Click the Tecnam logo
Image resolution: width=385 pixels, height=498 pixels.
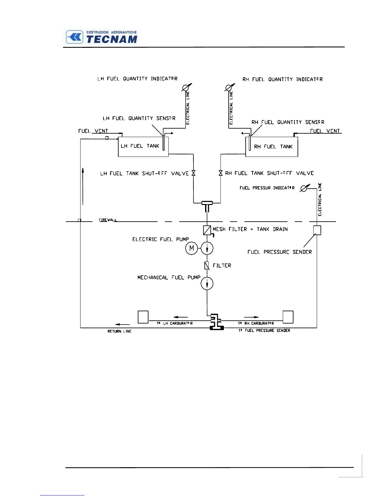[102, 37]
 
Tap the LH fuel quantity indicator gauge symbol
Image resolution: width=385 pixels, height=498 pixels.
[185, 88]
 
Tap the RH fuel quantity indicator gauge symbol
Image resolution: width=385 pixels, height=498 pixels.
[229, 88]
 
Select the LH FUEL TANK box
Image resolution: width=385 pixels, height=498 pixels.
[143, 147]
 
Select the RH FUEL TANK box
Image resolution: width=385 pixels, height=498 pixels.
[272, 147]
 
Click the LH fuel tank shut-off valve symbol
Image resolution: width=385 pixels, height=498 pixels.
[193, 173]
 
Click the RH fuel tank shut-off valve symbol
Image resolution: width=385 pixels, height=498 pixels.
[220, 173]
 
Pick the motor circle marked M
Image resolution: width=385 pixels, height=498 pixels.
[191, 248]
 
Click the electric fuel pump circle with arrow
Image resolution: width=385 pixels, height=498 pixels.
[207, 248]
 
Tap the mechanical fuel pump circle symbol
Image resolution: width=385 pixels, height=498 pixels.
[207, 284]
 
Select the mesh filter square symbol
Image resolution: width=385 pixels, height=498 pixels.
[207, 230]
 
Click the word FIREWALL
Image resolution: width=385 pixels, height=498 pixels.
[108, 220]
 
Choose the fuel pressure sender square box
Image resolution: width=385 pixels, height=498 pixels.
[317, 230]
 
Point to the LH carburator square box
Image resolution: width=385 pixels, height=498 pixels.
[143, 317]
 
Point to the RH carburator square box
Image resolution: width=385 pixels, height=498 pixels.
[288, 317]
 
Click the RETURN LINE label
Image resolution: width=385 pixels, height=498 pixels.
[119, 331]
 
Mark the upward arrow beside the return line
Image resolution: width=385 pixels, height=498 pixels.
[83, 185]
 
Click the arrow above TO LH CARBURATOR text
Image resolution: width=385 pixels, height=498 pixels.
[181, 317]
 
